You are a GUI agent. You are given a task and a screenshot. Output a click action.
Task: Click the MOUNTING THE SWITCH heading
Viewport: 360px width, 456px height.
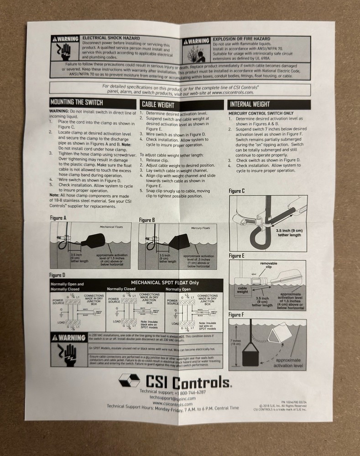click(x=76, y=103)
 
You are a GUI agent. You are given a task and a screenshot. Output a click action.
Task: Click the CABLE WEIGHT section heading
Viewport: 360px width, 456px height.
click(x=158, y=104)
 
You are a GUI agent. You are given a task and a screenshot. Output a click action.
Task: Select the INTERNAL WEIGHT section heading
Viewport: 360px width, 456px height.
click(x=250, y=104)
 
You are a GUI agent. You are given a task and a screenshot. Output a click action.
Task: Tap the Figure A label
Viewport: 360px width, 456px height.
click(x=58, y=218)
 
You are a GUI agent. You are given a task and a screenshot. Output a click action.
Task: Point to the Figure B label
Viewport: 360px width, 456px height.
click(x=147, y=220)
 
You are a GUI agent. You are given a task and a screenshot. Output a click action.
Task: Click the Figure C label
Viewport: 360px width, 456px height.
click(x=236, y=191)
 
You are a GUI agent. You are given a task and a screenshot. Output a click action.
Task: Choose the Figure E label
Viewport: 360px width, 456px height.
click(x=237, y=256)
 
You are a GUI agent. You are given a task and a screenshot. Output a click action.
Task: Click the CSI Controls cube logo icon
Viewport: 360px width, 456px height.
click(x=129, y=380)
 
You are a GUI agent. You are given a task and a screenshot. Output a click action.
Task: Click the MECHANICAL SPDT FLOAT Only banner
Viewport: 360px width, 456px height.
click(x=165, y=282)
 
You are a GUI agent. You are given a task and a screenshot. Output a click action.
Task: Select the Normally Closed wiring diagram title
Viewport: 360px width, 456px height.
click(x=121, y=289)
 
